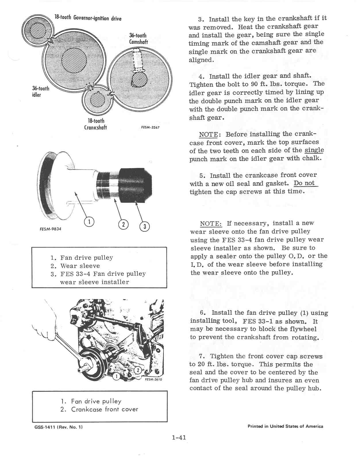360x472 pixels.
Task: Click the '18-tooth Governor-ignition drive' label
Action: coord(88,18)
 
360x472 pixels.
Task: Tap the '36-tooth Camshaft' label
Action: coord(138,39)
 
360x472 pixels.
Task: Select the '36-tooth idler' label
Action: coord(40,91)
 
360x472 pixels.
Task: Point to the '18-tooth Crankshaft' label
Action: coord(95,124)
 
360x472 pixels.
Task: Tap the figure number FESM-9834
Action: coord(50,229)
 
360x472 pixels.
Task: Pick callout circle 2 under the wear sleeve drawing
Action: coord(123,225)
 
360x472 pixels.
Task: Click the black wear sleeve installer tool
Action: coord(135,184)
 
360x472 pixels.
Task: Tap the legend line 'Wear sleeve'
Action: coord(80,266)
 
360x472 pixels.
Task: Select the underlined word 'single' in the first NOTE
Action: coord(314,150)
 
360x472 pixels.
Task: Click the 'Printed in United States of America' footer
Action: coord(285,426)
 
